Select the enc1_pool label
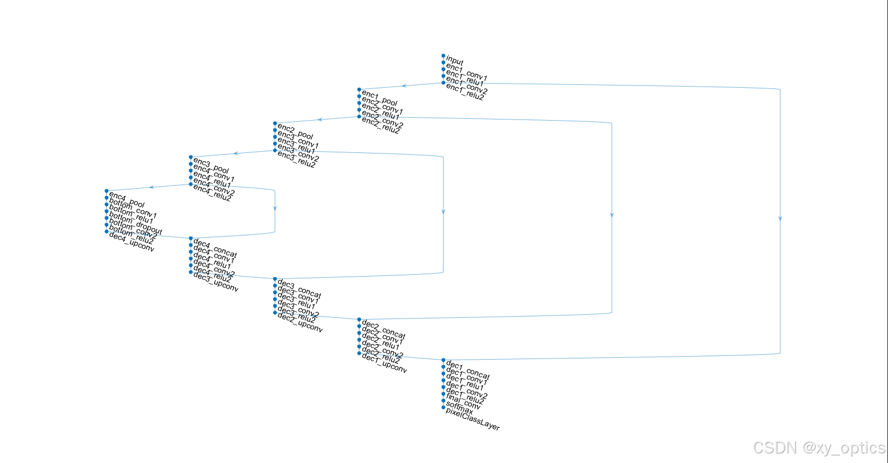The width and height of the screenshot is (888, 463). [379, 99]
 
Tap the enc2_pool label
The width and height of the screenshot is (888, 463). [295, 132]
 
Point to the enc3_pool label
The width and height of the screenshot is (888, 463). [210, 165]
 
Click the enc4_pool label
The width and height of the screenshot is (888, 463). [127, 200]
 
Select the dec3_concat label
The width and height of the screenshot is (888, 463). [299, 289]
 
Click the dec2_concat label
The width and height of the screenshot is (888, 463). [384, 329]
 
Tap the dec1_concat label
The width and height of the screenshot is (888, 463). [468, 370]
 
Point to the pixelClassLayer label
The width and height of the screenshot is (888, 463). [473, 421]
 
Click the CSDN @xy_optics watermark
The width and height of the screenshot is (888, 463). [819, 447]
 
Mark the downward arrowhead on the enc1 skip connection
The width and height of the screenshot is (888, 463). [780, 219]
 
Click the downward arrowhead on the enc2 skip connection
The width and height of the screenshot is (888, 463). [611, 214]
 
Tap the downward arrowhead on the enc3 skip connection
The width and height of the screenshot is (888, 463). [443, 211]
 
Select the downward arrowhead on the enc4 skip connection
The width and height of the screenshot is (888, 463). [275, 208]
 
